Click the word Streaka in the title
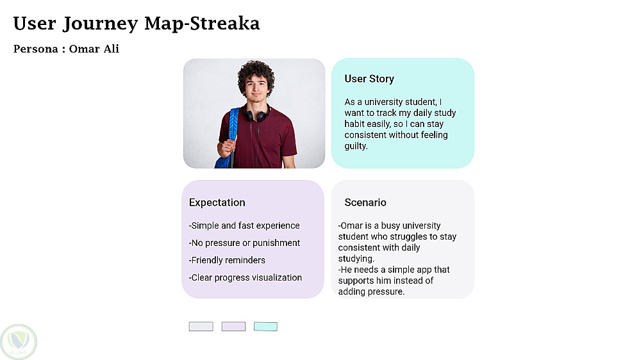pos(225,23)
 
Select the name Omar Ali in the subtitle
pos(94,49)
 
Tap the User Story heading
pos(369,79)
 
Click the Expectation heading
pos(217,202)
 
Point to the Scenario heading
pos(365,202)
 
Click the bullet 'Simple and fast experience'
pos(244,225)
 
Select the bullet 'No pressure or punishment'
pos(244,243)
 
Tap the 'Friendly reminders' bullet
pos(227,260)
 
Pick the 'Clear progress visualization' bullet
pos(246,277)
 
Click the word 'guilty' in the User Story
pos(355,146)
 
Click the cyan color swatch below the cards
pos(265,327)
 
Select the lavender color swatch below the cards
pos(233,327)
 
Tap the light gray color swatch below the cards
pos(201,327)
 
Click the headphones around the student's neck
pos(257,114)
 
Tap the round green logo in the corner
pos(19,342)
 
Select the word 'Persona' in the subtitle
pos(35,49)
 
